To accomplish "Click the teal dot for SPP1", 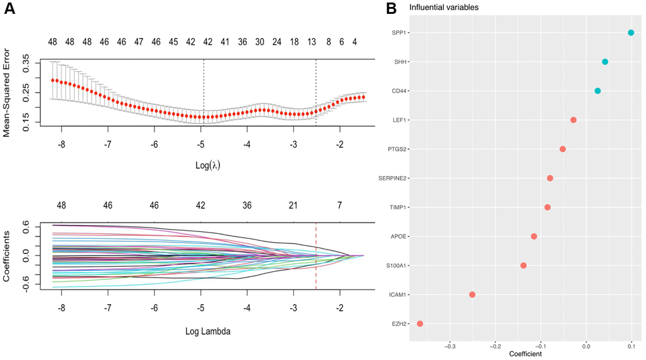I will (x=631, y=32).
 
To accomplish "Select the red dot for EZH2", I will (x=419, y=323).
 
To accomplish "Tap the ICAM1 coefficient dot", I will (x=472, y=294).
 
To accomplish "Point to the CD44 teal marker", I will (x=597, y=91).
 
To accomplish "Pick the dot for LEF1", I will (x=573, y=120).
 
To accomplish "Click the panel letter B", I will (x=391, y=8).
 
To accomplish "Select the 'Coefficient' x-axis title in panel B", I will (x=525, y=354).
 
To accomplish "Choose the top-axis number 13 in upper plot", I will (x=312, y=42).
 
